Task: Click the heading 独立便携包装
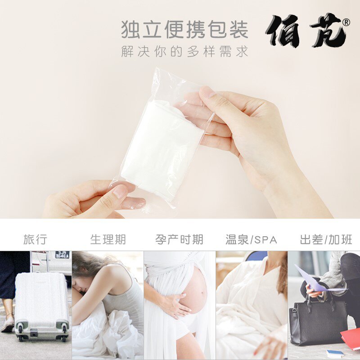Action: click(184, 30)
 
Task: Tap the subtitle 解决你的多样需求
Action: click(184, 51)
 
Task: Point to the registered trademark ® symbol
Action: click(346, 22)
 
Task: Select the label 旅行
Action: click(35, 239)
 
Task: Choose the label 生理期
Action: click(108, 239)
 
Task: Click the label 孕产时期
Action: click(180, 239)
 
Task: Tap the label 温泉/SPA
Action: click(252, 239)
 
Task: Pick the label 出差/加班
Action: click(326, 239)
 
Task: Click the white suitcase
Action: click(41, 301)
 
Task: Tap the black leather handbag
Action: click(318, 319)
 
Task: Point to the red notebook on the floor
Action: click(351, 337)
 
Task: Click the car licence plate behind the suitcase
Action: click(62, 255)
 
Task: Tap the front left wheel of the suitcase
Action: click(21, 335)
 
